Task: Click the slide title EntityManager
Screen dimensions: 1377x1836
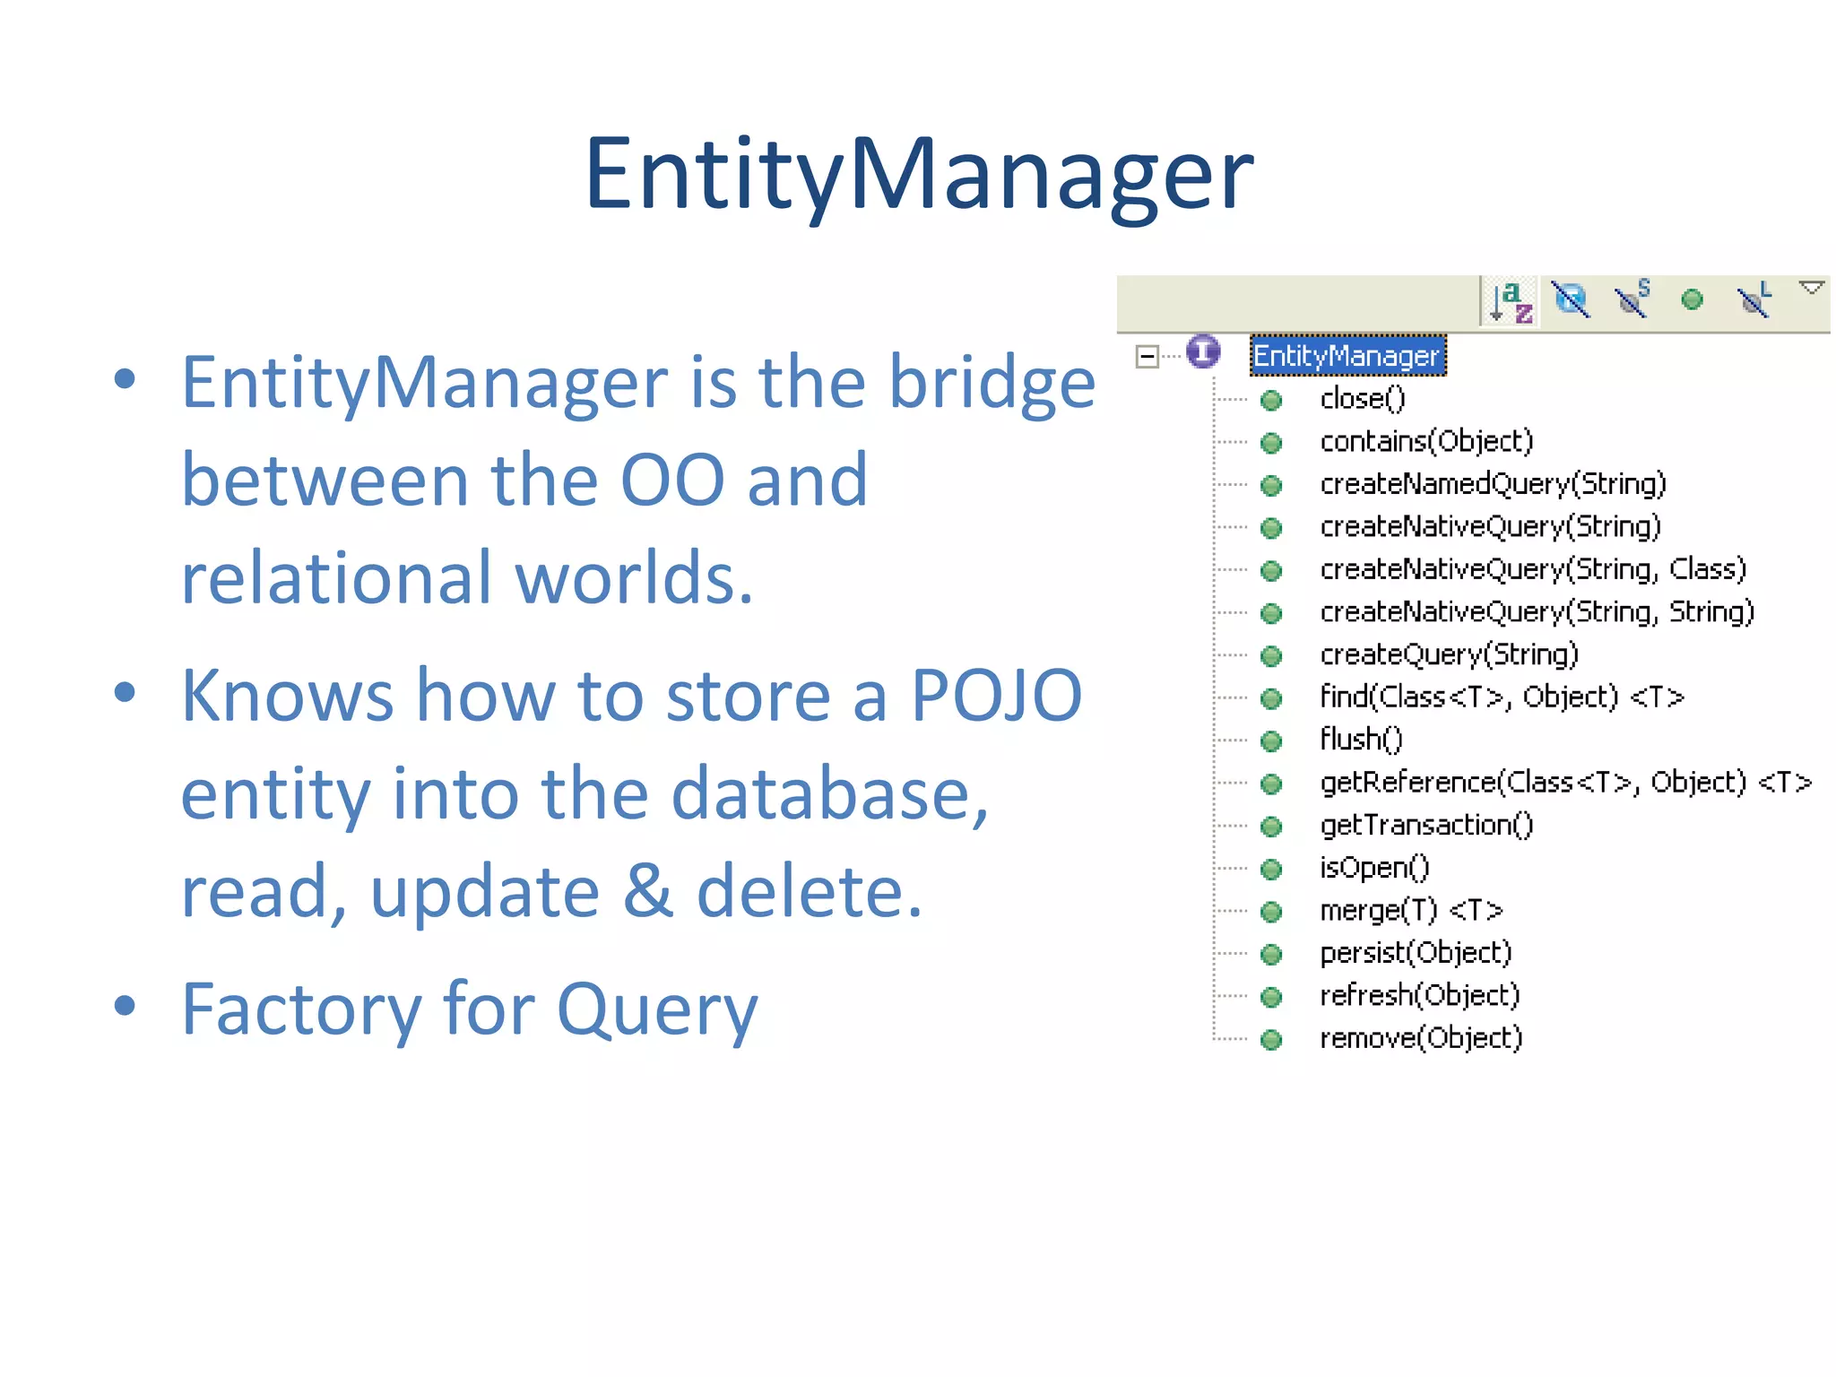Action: pyautogui.click(x=918, y=174)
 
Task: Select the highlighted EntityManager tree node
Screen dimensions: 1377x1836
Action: pyautogui.click(x=1347, y=356)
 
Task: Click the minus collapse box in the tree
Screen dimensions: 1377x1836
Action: pyautogui.click(x=1147, y=356)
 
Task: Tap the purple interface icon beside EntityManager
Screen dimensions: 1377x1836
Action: pyautogui.click(x=1203, y=351)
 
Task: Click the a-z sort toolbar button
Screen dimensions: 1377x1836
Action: pyautogui.click(x=1511, y=301)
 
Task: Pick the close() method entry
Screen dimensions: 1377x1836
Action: pyautogui.click(x=1363, y=399)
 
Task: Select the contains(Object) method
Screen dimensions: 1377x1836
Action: pyautogui.click(x=1426, y=441)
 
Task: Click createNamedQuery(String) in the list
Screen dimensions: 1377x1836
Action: pyautogui.click(x=1493, y=484)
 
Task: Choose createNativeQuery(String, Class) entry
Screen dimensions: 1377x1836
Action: pyautogui.click(x=1533, y=569)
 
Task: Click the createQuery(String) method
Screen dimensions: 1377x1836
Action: pyautogui.click(x=1449, y=654)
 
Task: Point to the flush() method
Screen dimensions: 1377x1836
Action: pyautogui.click(x=1361, y=740)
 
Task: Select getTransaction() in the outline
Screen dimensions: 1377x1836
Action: pyautogui.click(x=1426, y=825)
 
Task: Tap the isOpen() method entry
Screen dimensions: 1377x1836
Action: pyautogui.click(x=1374, y=868)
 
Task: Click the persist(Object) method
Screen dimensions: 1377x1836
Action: pyautogui.click(x=1416, y=953)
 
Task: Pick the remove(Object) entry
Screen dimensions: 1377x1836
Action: pyautogui.click(x=1421, y=1038)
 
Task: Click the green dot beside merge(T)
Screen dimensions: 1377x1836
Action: pyautogui.click(x=1271, y=912)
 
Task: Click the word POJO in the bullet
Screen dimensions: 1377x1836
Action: pyautogui.click(x=996, y=696)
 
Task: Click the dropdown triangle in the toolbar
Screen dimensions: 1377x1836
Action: pyautogui.click(x=1811, y=288)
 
